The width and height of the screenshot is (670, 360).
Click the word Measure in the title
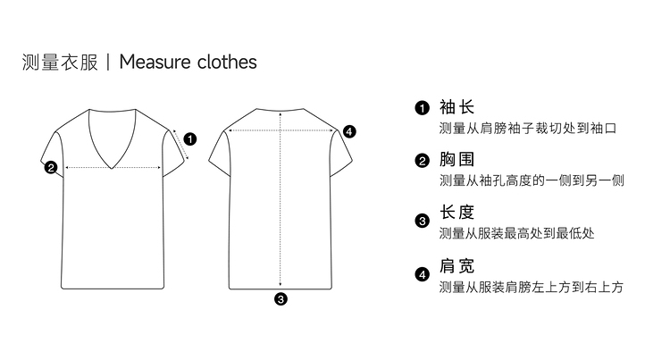[154, 62]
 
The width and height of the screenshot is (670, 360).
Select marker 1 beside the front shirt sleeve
[190, 138]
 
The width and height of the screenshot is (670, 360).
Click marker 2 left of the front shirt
[51, 166]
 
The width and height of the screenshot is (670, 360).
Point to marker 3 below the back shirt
[281, 299]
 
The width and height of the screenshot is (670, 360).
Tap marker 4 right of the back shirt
[349, 131]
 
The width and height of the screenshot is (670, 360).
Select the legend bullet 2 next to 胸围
[423, 162]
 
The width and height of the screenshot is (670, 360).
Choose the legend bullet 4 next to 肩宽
[423, 274]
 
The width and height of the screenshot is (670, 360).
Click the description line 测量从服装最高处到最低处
[517, 234]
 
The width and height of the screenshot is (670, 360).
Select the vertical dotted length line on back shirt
[281, 214]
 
